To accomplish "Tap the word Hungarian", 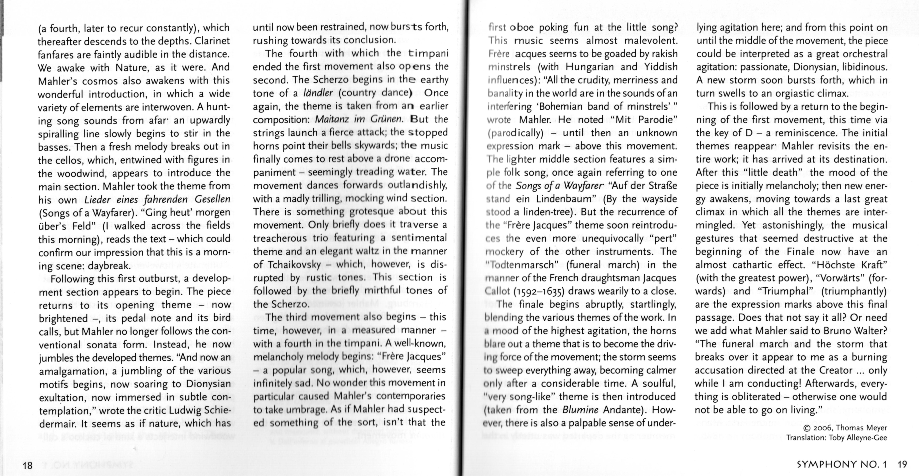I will (591, 67).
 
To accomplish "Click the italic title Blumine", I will (580, 410).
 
